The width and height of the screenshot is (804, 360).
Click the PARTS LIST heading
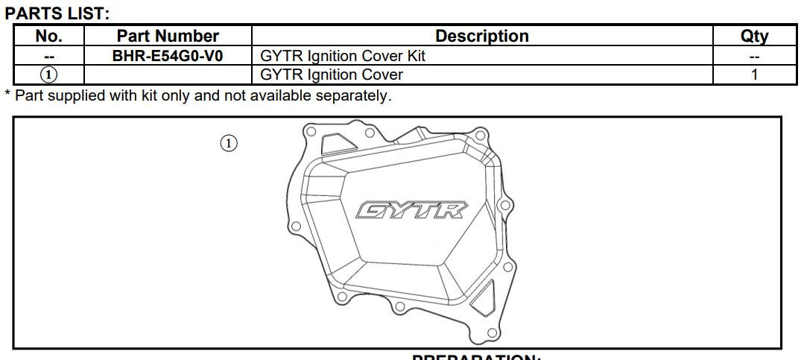[57, 12]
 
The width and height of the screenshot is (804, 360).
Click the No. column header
[49, 36]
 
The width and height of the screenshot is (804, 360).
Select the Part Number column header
[168, 36]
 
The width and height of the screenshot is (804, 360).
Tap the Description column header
[481, 36]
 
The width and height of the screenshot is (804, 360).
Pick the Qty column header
[754, 36]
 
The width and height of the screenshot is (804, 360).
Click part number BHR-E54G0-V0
[168, 55]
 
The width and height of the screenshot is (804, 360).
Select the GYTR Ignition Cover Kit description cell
[343, 55]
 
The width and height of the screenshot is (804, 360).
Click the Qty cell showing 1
[754, 75]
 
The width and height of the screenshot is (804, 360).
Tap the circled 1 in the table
[49, 75]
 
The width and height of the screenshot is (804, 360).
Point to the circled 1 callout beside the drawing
[229, 143]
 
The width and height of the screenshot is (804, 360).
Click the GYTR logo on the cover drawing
[412, 210]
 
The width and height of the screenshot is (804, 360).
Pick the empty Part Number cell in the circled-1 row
[168, 75]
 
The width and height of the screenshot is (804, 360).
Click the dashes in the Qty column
[754, 56]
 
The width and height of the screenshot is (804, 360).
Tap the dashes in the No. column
[49, 56]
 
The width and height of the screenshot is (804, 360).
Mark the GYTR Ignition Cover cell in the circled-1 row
[332, 75]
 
